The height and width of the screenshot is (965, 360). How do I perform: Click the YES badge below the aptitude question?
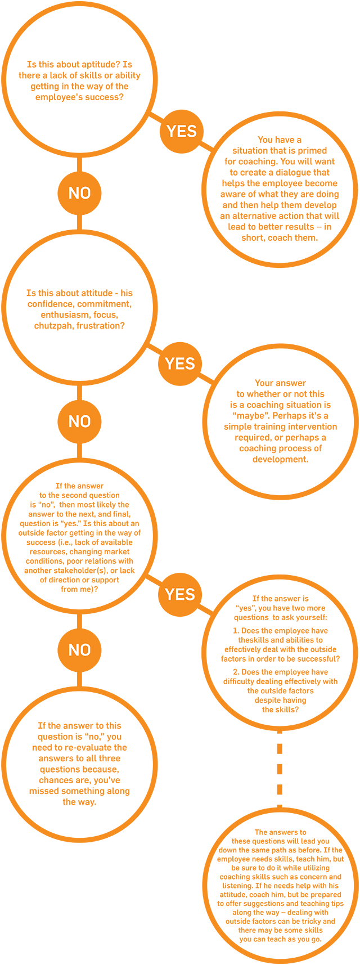[x=182, y=131]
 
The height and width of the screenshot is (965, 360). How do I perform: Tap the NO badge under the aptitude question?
[x=79, y=193]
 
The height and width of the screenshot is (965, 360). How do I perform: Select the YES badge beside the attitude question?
[x=180, y=363]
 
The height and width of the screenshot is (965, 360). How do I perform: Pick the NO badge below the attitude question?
[x=79, y=421]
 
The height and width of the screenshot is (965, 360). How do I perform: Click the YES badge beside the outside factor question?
[x=180, y=594]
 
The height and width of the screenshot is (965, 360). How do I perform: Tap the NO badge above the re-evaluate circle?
[x=79, y=650]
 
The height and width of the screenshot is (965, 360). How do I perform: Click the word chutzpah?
[x=56, y=326]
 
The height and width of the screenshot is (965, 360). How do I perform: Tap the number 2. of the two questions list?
[x=236, y=672]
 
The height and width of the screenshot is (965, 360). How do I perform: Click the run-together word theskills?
[x=256, y=640]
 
